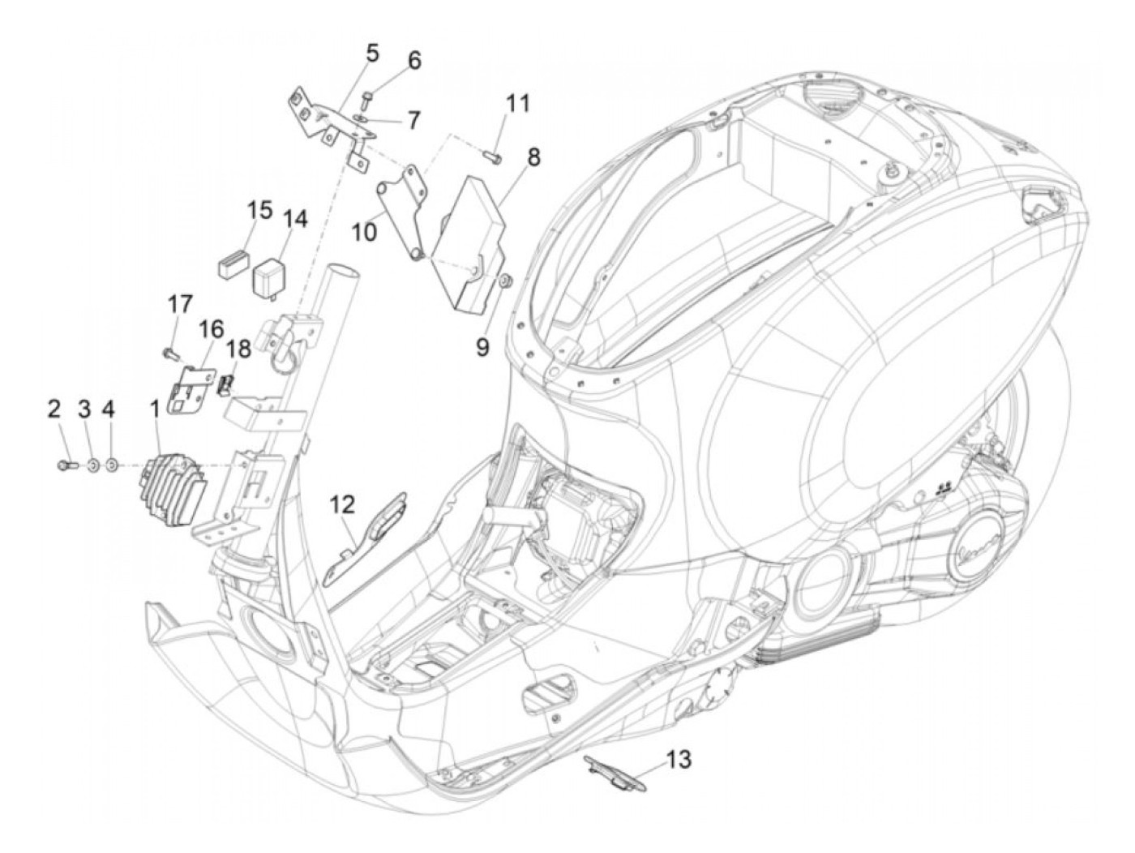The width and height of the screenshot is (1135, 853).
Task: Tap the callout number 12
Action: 342,505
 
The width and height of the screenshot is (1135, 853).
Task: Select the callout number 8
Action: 532,156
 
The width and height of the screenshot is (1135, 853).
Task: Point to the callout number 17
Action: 180,305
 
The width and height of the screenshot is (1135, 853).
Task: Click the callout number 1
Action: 154,409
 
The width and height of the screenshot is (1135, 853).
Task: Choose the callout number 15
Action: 260,211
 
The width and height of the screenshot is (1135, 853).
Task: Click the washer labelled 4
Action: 113,465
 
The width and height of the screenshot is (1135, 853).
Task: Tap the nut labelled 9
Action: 504,280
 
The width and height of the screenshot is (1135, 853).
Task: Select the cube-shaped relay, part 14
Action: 274,274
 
